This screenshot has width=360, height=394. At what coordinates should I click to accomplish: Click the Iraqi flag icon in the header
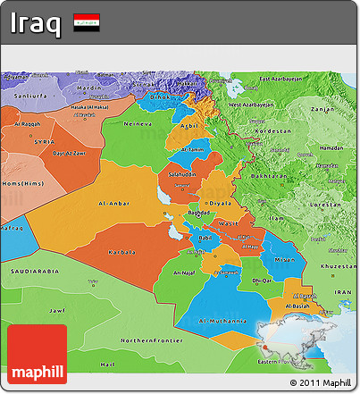pyautogui.click(x=87, y=22)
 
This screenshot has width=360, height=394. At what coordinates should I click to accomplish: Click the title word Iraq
pyautogui.click(x=37, y=23)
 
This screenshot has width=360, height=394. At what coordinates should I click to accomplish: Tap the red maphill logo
pyautogui.click(x=37, y=355)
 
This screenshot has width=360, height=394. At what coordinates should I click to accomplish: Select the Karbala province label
pyautogui.click(x=121, y=253)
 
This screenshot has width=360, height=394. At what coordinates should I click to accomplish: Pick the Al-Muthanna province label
pyautogui.click(x=222, y=320)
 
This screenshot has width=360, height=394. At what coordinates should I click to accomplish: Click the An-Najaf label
pyautogui.click(x=184, y=272)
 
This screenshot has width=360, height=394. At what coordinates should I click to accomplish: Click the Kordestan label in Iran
pyautogui.click(x=273, y=130)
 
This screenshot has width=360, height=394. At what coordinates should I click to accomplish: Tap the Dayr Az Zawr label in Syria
pyautogui.click(x=68, y=154)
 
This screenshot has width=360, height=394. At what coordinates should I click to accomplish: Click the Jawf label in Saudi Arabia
pyautogui.click(x=56, y=311)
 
